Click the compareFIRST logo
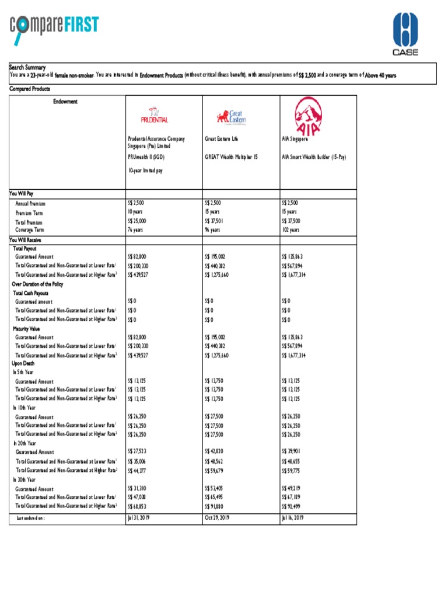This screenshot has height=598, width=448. (54, 29)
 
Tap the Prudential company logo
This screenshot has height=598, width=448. (156, 116)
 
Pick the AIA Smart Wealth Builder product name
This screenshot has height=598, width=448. (314, 157)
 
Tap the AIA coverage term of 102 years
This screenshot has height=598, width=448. (290, 230)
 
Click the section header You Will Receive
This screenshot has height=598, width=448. (25, 239)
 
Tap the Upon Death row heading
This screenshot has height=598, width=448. (23, 363)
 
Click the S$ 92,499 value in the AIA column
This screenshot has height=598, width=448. (292, 506)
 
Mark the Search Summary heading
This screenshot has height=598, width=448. (27, 68)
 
